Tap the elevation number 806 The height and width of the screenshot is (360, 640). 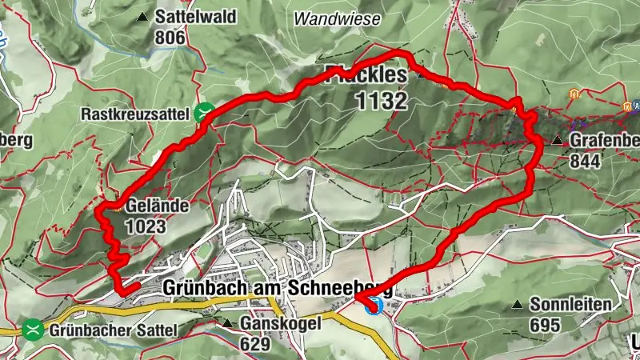(170, 37)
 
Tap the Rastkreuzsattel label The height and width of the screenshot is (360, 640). (138, 114)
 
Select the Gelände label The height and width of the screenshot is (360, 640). (157, 206)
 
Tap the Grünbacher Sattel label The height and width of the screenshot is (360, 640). (112, 329)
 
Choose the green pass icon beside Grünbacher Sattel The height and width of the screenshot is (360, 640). (33, 328)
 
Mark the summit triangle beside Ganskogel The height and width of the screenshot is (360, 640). (228, 324)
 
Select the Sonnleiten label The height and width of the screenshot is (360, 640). (570, 305)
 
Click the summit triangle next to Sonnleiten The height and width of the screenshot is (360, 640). (518, 305)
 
